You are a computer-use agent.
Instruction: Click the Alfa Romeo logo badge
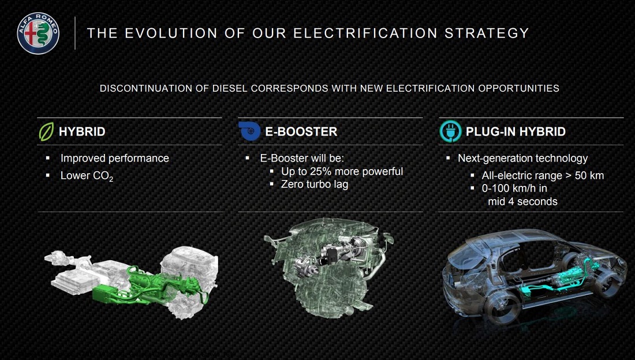click(x=38, y=33)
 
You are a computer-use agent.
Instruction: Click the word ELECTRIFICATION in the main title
click(x=365, y=33)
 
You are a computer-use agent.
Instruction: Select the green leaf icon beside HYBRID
click(x=46, y=132)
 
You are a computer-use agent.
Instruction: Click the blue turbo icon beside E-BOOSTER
click(x=249, y=131)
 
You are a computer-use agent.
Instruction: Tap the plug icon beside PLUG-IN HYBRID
click(x=450, y=131)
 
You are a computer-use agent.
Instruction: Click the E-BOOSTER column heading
click(x=301, y=132)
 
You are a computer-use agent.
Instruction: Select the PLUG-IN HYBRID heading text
click(x=516, y=132)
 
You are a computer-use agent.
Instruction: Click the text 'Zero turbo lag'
click(x=315, y=185)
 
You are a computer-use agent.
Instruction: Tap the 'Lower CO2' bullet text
click(x=87, y=176)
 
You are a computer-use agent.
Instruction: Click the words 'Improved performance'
click(x=115, y=158)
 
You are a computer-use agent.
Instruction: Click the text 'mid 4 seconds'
click(x=522, y=202)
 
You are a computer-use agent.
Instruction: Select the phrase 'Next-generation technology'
click(x=522, y=158)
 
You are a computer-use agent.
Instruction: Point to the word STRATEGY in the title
click(x=487, y=33)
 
